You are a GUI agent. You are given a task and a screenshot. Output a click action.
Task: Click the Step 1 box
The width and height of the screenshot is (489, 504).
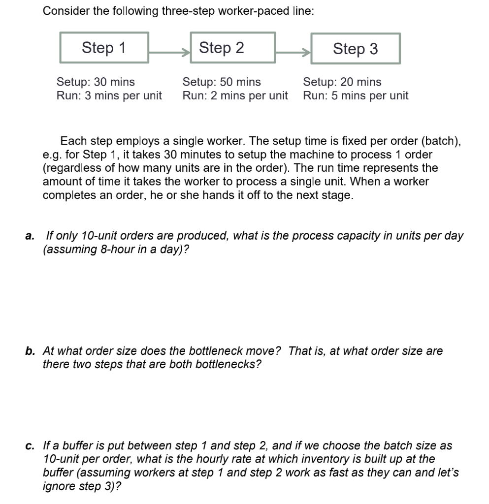(x=104, y=48)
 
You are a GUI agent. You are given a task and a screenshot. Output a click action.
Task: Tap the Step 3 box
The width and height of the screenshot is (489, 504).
(x=355, y=49)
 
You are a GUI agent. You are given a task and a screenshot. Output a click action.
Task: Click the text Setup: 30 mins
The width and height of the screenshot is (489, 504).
(x=96, y=82)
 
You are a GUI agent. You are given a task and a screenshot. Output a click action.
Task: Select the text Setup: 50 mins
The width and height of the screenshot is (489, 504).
(x=222, y=82)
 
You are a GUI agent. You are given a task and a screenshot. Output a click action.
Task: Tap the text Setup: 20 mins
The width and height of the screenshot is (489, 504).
(x=342, y=82)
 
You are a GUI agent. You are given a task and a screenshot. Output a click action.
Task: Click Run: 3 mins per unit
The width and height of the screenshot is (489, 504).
(x=109, y=95)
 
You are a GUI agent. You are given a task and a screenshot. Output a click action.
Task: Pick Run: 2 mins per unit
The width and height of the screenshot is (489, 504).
(x=235, y=95)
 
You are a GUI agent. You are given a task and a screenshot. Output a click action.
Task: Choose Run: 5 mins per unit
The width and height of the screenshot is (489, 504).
(x=356, y=95)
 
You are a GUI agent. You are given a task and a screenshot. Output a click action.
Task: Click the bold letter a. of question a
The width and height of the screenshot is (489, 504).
(x=31, y=235)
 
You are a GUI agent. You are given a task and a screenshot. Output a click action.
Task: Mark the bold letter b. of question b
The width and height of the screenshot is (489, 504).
(x=31, y=351)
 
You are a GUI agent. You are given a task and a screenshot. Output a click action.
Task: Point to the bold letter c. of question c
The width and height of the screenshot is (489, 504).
(x=31, y=446)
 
